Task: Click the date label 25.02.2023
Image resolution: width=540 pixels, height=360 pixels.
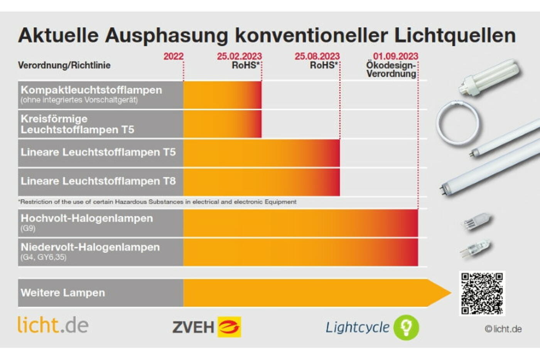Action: click(239, 56)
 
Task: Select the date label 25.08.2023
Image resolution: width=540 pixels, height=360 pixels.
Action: click(317, 56)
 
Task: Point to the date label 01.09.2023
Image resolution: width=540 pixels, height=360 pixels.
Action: click(395, 56)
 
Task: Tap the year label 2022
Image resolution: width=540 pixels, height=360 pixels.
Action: click(173, 56)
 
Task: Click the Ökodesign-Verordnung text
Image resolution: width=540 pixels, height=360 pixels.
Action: click(391, 69)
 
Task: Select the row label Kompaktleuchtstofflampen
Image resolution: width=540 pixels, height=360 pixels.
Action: click(91, 90)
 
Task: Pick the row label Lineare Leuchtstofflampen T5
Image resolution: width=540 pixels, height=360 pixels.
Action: click(98, 152)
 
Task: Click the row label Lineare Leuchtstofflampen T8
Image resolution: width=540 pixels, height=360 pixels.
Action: click(98, 181)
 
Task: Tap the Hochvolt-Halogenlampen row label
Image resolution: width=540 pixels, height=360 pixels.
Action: click(87, 219)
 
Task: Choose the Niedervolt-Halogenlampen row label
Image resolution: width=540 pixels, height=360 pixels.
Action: click(90, 247)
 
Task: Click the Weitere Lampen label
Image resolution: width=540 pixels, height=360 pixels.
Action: click(63, 293)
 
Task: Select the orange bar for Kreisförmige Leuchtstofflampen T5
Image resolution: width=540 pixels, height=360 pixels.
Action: click(222, 124)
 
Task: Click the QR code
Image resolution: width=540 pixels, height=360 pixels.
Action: click(482, 293)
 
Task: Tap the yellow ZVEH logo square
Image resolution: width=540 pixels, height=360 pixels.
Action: click(229, 327)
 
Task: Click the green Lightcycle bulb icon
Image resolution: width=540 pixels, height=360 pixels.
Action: click(406, 327)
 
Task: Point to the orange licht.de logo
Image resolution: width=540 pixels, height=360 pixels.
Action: click(53, 325)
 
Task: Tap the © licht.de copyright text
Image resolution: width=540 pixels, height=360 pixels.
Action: click(503, 329)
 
